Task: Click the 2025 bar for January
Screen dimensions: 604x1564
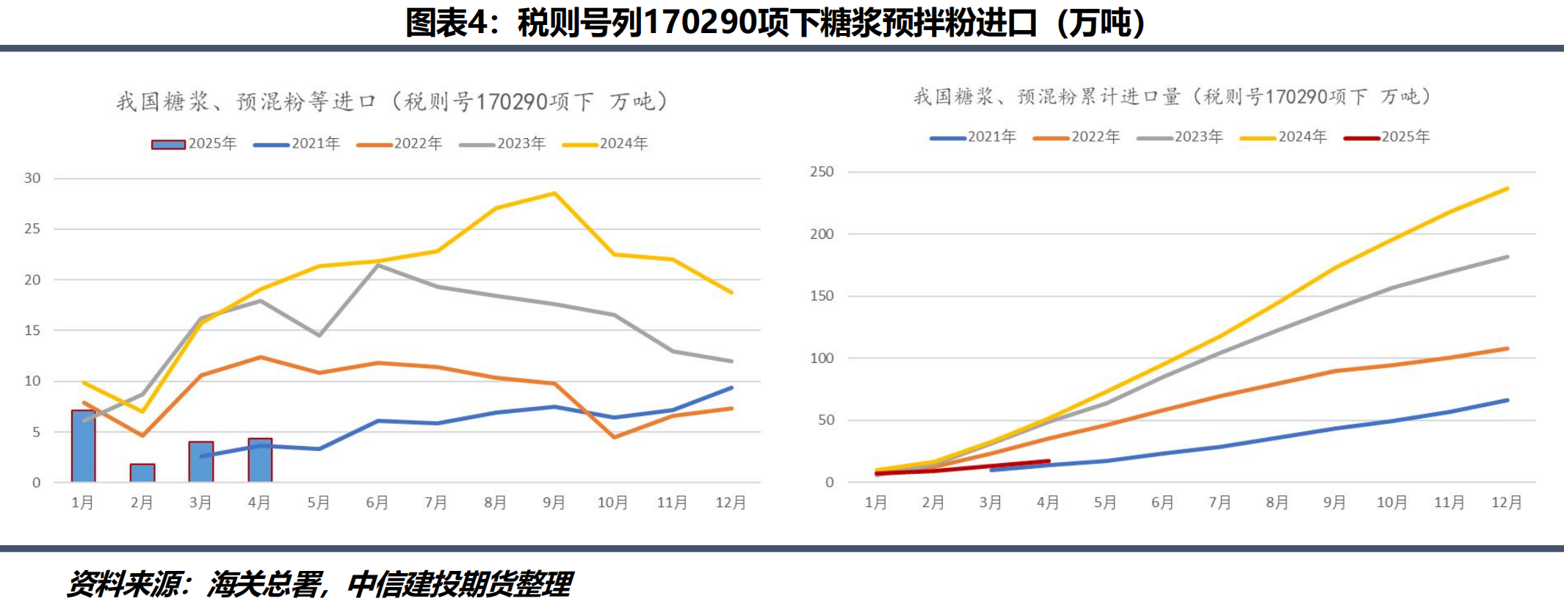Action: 83,446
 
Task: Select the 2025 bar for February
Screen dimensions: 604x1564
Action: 142,472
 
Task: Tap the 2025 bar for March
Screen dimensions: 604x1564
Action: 201,461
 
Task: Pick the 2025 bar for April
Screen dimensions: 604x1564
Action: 260,460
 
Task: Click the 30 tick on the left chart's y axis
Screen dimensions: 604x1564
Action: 32,178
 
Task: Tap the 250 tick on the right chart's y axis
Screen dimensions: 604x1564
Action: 822,171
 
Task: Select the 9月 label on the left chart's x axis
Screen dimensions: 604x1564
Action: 554,503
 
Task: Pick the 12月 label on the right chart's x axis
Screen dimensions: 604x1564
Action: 1506,503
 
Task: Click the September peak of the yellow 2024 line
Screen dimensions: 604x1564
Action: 554,193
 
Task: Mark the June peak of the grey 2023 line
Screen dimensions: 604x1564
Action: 377,265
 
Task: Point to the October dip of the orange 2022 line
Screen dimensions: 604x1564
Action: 614,437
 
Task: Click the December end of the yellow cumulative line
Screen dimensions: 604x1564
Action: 1507,189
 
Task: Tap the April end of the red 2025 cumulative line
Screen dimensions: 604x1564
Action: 1048,461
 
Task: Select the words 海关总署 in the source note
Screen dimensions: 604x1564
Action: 264,584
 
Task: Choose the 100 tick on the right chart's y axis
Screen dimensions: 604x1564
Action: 822,358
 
